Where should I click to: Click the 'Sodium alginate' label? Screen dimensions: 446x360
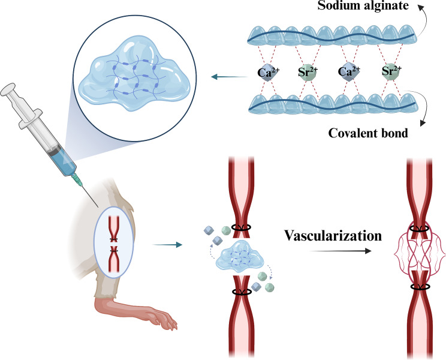(x=363, y=5)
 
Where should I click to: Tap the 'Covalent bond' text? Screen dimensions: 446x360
(x=368, y=133)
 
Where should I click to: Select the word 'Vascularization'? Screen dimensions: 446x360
(x=333, y=236)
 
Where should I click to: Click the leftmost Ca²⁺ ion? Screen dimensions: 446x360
(x=268, y=72)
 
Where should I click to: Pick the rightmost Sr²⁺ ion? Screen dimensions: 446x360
(x=391, y=71)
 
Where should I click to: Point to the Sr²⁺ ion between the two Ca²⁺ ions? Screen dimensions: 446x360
(x=308, y=72)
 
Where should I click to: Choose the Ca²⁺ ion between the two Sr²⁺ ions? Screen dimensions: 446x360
(x=349, y=71)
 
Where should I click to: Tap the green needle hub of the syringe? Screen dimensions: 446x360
(x=77, y=178)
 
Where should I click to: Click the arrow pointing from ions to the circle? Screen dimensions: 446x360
(x=229, y=77)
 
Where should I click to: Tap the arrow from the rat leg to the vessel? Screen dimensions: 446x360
(x=167, y=244)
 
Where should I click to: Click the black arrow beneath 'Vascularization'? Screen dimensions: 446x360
(x=340, y=251)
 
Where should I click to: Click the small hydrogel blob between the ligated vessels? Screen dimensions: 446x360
(x=240, y=255)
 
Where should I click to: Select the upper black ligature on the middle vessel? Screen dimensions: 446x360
(x=241, y=227)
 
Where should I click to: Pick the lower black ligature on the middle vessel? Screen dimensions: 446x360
(x=242, y=292)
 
